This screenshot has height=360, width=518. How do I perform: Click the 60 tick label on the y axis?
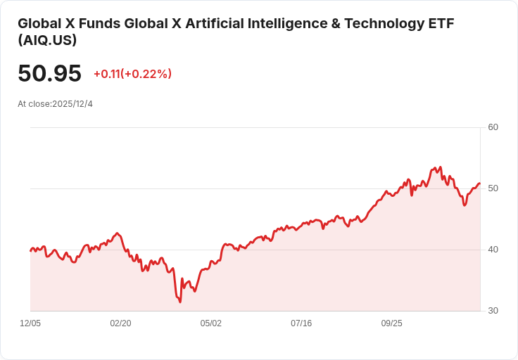point(493,127)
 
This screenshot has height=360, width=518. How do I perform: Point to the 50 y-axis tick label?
point(493,188)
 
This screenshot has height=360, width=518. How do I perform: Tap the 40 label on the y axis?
point(493,250)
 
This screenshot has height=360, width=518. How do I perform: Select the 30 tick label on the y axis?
point(493,311)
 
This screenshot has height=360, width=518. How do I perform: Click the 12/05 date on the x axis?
point(30,323)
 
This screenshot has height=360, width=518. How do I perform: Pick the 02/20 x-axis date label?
point(120,323)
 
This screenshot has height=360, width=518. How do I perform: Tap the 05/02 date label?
point(211,323)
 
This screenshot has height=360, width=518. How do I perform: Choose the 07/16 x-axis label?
point(301,323)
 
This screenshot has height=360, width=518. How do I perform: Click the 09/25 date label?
point(391,323)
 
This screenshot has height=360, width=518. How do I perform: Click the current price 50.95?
point(49,74)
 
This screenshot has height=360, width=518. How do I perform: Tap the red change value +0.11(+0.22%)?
point(132,74)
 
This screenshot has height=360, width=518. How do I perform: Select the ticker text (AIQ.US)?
point(47,40)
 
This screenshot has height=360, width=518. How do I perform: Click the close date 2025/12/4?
point(72,104)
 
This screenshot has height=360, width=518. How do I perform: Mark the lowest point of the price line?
point(180,302)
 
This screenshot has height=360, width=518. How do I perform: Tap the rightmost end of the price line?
point(479,184)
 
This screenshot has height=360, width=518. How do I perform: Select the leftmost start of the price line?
point(30,251)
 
